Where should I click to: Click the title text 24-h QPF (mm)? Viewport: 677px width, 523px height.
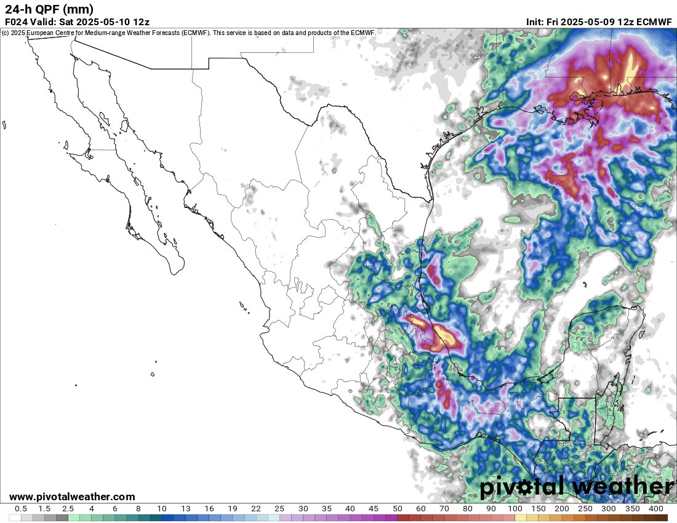point(49,9)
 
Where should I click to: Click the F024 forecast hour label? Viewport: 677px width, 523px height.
point(17,22)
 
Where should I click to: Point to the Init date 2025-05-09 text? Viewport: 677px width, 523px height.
point(590,22)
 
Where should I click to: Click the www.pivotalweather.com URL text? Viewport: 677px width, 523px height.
point(72,497)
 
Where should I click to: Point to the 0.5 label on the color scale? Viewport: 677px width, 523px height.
point(20,509)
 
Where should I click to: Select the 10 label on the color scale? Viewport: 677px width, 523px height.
point(162,509)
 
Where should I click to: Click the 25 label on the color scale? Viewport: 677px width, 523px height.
point(279,509)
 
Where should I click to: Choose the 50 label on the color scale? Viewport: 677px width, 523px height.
point(397,509)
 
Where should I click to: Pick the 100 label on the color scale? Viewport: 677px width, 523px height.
point(515,509)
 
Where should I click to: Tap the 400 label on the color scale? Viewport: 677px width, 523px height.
point(655,509)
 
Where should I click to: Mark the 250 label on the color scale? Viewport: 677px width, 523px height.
point(585,509)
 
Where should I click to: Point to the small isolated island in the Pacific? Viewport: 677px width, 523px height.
point(152,373)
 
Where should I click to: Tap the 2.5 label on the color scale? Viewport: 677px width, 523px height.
point(68,509)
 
